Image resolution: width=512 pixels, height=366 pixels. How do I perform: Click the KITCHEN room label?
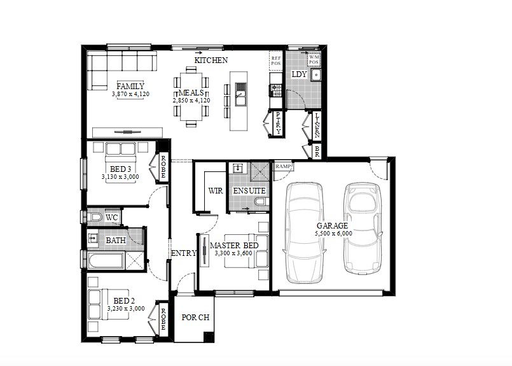(x=211, y=60)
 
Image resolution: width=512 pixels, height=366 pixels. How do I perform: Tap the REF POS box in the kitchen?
(x=276, y=61)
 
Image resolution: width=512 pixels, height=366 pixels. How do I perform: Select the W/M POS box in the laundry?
(x=314, y=59)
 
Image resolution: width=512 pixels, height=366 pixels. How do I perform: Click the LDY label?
(x=299, y=74)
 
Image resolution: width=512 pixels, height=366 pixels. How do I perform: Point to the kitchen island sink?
(x=241, y=94)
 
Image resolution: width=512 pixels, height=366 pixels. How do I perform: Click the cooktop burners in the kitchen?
(x=276, y=90)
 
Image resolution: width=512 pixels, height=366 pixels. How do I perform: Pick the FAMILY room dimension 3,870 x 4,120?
(x=130, y=94)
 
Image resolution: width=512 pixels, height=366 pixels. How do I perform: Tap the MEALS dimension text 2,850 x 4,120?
(x=191, y=101)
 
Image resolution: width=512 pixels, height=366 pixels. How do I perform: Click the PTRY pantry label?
(x=278, y=123)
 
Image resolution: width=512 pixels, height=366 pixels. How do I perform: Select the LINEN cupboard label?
(x=317, y=125)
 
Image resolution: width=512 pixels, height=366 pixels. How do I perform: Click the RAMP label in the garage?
(x=283, y=166)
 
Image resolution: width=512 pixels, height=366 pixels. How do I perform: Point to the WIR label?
(x=216, y=191)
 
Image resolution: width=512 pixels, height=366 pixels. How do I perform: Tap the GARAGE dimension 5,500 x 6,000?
(x=333, y=234)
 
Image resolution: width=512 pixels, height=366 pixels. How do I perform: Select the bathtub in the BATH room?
(x=106, y=260)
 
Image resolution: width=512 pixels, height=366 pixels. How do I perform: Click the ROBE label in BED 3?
(x=163, y=166)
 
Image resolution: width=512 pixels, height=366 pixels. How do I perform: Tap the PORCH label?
(x=195, y=318)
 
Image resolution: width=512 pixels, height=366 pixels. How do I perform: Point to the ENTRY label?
(x=184, y=253)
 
